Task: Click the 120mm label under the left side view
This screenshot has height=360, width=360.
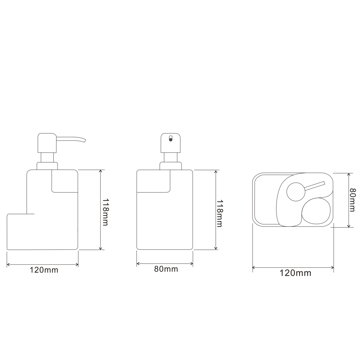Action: coord(44,270)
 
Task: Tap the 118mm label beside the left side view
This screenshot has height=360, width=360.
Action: coord(105,212)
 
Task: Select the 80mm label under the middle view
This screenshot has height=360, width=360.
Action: coord(166,269)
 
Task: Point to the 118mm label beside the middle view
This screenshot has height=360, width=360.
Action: coord(220,213)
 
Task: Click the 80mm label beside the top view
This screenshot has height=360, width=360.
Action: coord(352,200)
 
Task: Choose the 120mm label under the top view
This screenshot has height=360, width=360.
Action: coord(295,273)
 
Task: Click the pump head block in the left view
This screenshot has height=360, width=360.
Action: coord(47,143)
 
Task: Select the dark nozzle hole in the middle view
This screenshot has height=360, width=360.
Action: coord(170,140)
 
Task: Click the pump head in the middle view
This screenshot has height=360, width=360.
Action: coord(170,143)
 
